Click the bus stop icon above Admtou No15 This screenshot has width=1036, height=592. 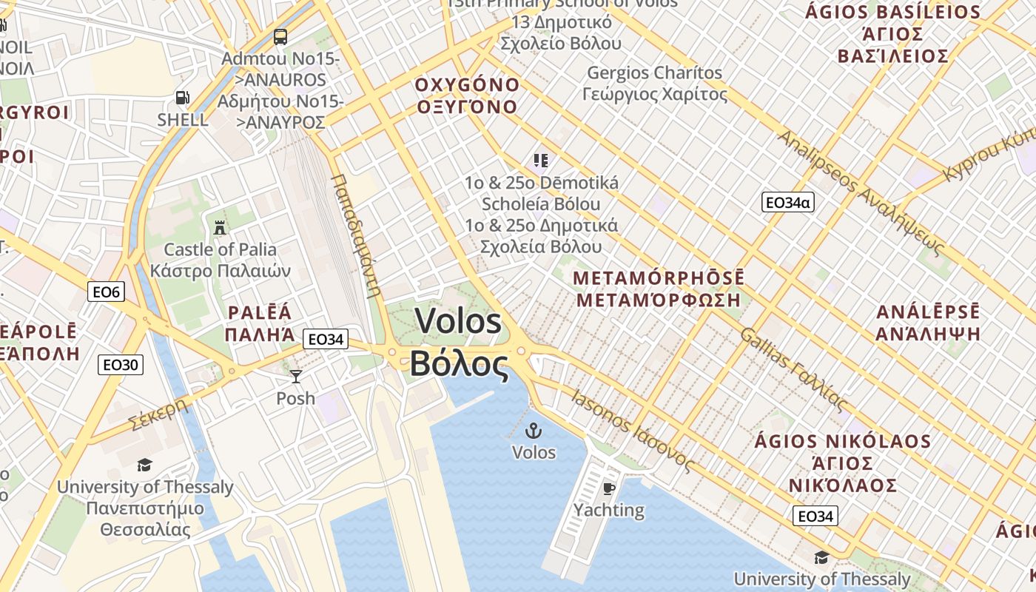(x=280, y=36)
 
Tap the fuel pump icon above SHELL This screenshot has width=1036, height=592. (x=182, y=98)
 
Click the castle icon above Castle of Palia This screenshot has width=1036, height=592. (x=220, y=227)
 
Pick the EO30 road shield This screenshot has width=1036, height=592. (x=121, y=364)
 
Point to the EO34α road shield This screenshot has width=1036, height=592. (x=787, y=202)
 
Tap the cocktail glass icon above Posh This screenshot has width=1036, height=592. (x=296, y=377)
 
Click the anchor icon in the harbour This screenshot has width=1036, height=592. (x=534, y=430)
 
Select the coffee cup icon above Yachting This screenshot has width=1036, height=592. (x=608, y=488)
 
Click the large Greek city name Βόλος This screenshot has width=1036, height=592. (x=460, y=363)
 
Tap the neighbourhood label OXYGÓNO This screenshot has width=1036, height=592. (x=467, y=84)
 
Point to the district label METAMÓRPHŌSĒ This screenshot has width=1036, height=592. (x=659, y=278)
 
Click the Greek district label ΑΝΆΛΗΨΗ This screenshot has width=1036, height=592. (x=928, y=333)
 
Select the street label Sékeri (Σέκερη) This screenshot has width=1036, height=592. (x=158, y=415)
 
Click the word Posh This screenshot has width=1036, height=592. (x=295, y=398)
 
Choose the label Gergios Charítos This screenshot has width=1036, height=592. (x=654, y=73)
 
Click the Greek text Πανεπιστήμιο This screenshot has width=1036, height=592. (x=145, y=508)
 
